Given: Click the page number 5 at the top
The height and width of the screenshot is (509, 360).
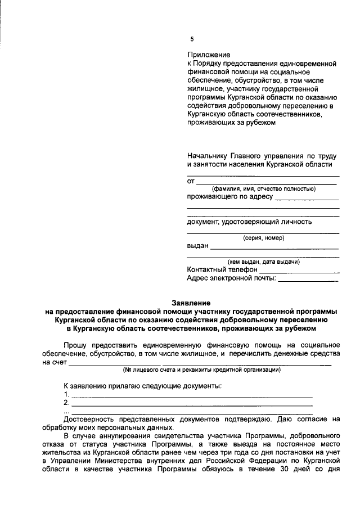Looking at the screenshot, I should click(191, 39).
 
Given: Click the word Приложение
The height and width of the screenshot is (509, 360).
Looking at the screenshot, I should click(209, 55).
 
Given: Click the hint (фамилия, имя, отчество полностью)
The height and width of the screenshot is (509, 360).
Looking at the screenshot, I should click(263, 188).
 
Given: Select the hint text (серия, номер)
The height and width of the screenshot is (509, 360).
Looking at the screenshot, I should click(263, 238).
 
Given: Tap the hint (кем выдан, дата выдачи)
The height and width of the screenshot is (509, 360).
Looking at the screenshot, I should click(263, 262).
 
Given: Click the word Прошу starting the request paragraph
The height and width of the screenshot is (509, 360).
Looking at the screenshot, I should click(75, 344).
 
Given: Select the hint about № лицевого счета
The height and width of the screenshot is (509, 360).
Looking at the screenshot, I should click(201, 370).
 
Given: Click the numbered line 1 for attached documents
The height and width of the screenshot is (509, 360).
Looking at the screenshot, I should click(191, 397).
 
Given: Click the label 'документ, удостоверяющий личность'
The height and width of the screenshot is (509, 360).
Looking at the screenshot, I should click(249, 222).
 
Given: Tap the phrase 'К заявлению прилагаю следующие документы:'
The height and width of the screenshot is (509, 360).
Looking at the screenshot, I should click(143, 386).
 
